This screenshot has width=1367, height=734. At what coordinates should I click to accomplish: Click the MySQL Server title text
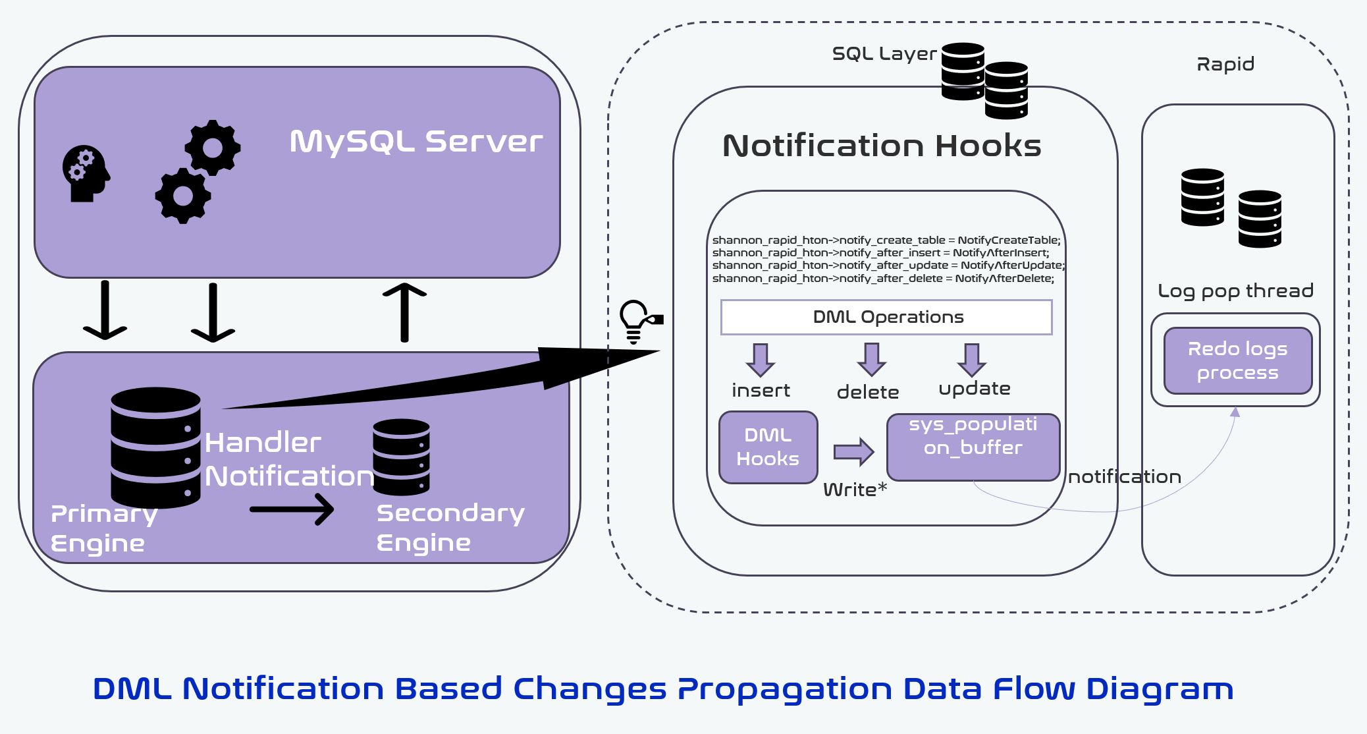click(416, 142)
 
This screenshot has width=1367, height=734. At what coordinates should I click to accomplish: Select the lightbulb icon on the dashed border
click(636, 321)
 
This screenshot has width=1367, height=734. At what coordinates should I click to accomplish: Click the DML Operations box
click(886, 317)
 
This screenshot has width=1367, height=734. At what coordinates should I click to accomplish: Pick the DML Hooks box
click(768, 447)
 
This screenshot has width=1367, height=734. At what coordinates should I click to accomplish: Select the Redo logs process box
click(1237, 360)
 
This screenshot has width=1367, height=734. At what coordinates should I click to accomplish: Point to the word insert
click(761, 390)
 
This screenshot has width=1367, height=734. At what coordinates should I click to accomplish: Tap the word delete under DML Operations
click(867, 392)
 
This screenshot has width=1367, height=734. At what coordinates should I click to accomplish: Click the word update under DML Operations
click(974, 389)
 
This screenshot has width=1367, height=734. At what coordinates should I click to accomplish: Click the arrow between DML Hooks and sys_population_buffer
click(853, 451)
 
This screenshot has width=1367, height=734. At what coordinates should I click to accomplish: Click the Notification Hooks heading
click(882, 146)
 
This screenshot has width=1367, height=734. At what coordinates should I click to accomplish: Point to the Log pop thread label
click(1235, 291)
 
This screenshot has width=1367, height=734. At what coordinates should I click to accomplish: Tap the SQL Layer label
click(884, 54)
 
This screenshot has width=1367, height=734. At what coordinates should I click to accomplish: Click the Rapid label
click(1225, 64)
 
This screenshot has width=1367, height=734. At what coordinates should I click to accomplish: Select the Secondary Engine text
click(450, 527)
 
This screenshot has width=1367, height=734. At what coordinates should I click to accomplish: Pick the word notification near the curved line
click(1124, 476)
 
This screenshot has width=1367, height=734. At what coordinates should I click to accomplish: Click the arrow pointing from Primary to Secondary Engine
click(292, 509)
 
